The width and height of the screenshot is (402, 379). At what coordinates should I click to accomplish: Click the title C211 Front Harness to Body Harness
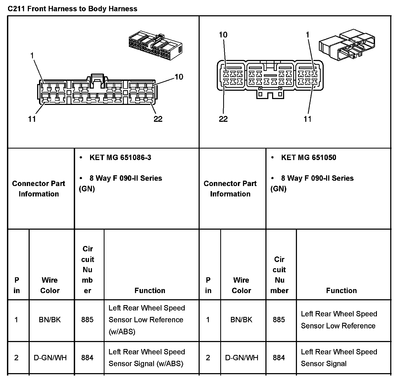pyautogui.click(x=72, y=9)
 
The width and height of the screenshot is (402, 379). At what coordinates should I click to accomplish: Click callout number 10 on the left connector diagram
pyautogui.click(x=179, y=77)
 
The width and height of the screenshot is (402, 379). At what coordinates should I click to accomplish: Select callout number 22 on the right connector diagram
pyautogui.click(x=223, y=119)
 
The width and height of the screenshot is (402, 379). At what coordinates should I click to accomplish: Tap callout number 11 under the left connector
pyautogui.click(x=32, y=119)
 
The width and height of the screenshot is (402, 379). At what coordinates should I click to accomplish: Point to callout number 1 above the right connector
pyautogui.click(x=308, y=35)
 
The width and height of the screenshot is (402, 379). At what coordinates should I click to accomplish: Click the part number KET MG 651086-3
pyautogui.click(x=120, y=157)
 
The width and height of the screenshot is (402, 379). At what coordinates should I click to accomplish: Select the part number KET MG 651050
pyautogui.click(x=308, y=157)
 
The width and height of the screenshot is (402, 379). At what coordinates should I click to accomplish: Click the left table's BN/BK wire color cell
pyautogui.click(x=50, y=320)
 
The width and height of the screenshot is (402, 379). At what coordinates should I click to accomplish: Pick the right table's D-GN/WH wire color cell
pyautogui.click(x=242, y=358)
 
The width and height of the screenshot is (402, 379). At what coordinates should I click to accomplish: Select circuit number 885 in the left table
pyautogui.click(x=87, y=320)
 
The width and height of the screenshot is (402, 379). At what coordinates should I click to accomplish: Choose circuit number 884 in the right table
pyautogui.click(x=279, y=358)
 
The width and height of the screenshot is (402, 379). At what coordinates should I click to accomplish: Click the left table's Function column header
pyautogui.click(x=150, y=290)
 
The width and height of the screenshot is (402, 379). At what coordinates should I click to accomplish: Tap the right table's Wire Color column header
pyautogui.click(x=241, y=285)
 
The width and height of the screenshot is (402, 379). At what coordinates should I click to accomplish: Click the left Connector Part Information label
pyautogui.click(x=39, y=189)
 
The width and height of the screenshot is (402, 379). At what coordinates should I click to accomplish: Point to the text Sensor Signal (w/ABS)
pyautogui.click(x=146, y=364)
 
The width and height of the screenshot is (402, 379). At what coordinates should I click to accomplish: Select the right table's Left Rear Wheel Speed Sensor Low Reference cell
pyautogui.click(x=339, y=320)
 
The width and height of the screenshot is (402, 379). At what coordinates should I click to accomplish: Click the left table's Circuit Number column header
pyautogui.click(x=88, y=270)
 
